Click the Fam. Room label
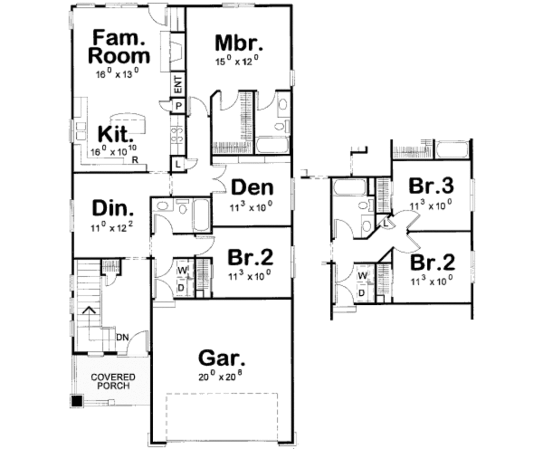(x=119, y=47)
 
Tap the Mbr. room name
(x=237, y=42)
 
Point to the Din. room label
(x=113, y=208)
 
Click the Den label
(x=252, y=188)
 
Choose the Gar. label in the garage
(x=222, y=358)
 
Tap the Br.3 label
(x=431, y=186)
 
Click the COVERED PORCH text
(x=112, y=381)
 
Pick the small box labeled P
(x=178, y=106)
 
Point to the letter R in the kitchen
(x=135, y=160)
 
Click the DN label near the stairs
(x=122, y=337)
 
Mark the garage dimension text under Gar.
(x=222, y=377)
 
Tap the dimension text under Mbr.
(x=237, y=61)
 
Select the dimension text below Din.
(x=112, y=228)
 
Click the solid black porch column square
(x=77, y=401)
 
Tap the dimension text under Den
(x=251, y=206)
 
